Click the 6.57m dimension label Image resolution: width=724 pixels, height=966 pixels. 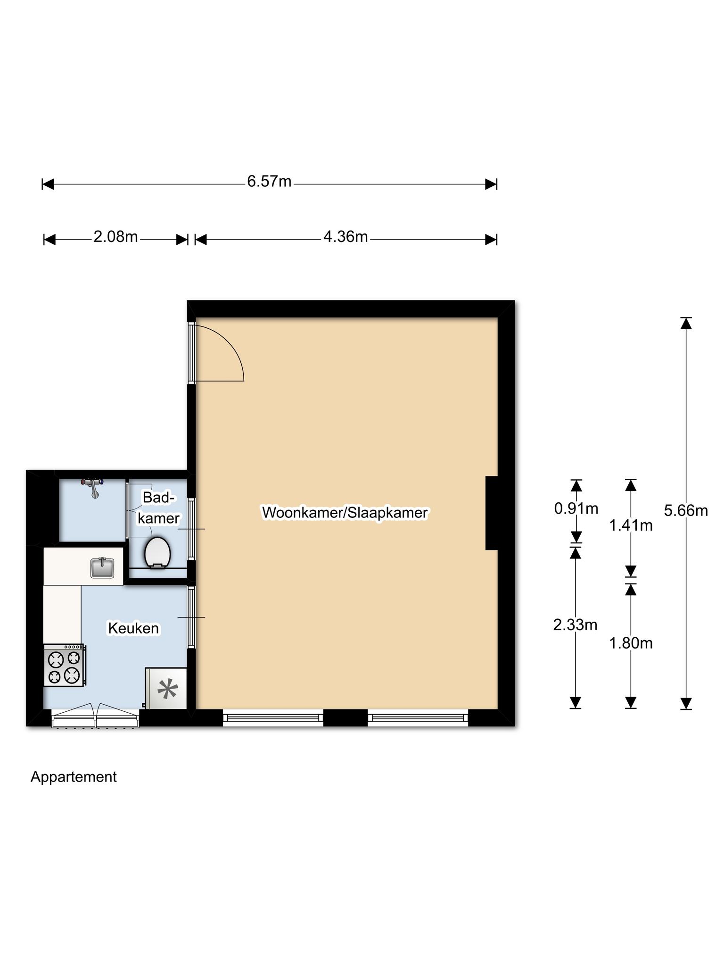(269, 181)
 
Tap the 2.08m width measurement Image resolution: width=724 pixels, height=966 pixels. (115, 237)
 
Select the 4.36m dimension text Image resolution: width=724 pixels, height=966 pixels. (346, 237)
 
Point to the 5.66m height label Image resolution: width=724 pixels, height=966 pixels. (686, 510)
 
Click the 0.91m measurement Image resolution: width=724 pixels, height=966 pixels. (576, 508)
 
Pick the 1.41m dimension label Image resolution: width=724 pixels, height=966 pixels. (631, 525)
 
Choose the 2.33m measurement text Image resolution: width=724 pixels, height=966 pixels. (575, 625)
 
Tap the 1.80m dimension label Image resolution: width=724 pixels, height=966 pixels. (631, 643)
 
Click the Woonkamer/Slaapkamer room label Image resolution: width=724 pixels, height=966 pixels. (345, 513)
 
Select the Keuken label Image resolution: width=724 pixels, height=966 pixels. (133, 628)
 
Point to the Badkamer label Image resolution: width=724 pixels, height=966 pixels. (159, 508)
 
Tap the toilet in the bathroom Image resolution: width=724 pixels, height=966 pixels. (157, 552)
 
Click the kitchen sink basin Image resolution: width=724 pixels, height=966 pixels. (102, 568)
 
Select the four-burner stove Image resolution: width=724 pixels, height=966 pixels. (65, 665)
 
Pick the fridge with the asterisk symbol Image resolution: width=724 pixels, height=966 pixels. (166, 688)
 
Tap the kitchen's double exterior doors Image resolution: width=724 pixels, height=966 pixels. (96, 716)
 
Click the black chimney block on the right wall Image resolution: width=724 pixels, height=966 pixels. (492, 513)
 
